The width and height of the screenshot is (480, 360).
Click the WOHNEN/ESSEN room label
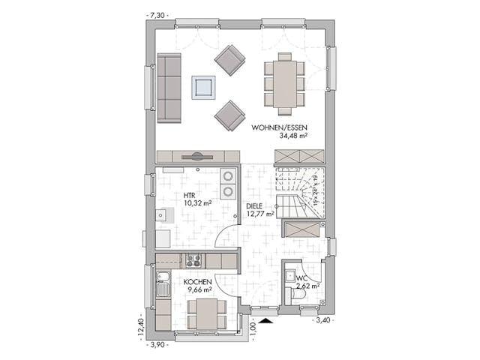click(277, 127)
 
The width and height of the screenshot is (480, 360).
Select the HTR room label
click(190, 194)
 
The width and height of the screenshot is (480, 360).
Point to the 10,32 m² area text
click(197, 203)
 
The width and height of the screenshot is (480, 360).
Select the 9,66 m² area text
click(199, 289)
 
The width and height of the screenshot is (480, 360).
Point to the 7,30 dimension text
click(158, 14)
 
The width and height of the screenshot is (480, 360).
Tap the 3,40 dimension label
click(323, 320)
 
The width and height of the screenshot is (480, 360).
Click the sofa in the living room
click(170, 87)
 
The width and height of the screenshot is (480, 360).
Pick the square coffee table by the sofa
click(203, 87)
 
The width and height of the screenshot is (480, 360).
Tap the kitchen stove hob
click(193, 260)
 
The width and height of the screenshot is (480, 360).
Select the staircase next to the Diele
click(299, 193)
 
